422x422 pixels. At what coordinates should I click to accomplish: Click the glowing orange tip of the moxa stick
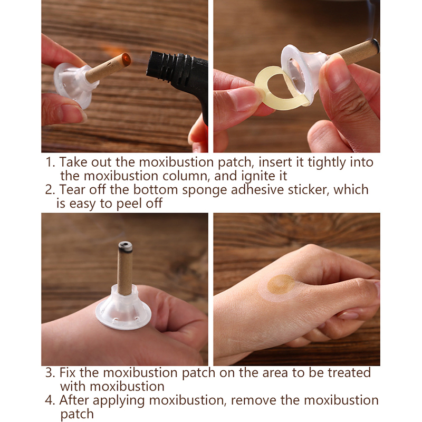[x=126, y=59]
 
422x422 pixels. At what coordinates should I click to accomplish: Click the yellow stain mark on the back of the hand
[x=281, y=284]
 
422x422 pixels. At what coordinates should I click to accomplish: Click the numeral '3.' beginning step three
[x=50, y=373]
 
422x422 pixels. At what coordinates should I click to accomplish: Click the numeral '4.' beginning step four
[x=50, y=400]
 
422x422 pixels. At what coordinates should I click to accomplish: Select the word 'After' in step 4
[x=74, y=400]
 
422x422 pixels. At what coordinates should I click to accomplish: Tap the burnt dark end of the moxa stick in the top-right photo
[x=375, y=46]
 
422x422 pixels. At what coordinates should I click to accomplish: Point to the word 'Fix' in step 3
[x=68, y=373]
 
